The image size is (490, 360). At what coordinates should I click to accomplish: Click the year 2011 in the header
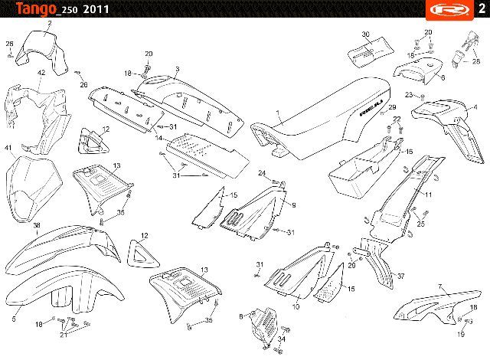coord(95,10)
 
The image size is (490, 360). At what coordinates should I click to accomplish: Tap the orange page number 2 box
coord(479,9)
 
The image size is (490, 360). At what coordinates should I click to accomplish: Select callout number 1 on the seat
coord(279,113)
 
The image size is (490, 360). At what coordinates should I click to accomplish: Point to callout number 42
coord(41,72)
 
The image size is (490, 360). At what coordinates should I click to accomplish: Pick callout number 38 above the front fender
coord(36,225)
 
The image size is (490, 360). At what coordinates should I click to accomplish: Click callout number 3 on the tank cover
coord(176,69)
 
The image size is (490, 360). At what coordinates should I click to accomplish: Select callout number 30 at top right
coord(365,35)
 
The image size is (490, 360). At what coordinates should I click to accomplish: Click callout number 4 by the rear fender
coord(475,106)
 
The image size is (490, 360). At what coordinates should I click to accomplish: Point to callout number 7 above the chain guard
coord(440,286)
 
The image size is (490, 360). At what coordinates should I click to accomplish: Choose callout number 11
coord(429,195)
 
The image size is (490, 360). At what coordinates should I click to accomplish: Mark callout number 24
coord(261,173)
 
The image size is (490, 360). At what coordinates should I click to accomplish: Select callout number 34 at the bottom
coord(281,339)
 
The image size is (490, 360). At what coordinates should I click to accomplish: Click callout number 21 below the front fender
coord(64,335)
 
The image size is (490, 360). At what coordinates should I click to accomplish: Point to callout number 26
coord(84,84)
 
